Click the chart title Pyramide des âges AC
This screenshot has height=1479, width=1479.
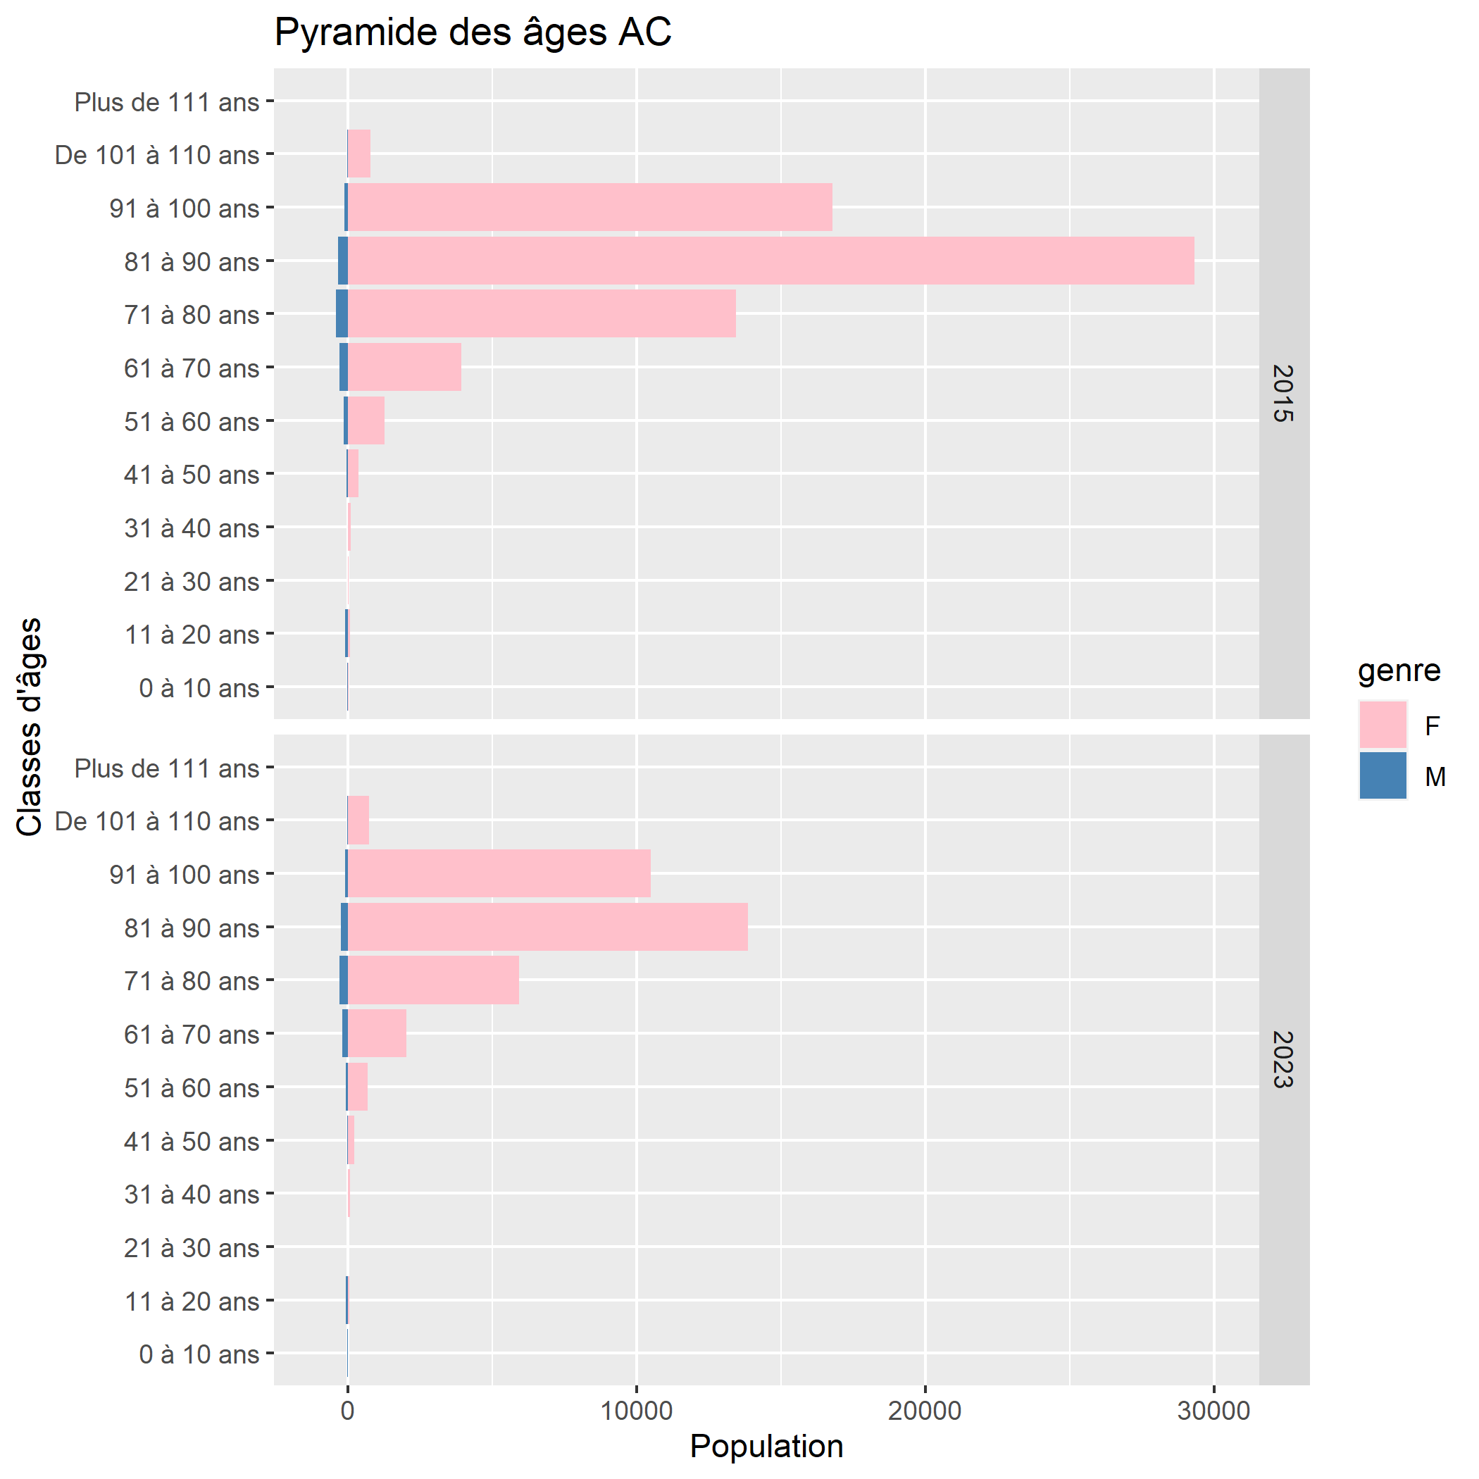coord(473,33)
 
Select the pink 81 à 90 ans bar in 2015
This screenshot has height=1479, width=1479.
coord(771,261)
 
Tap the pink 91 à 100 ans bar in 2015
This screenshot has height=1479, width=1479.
coord(590,208)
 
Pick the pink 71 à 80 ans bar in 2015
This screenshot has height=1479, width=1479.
coord(542,314)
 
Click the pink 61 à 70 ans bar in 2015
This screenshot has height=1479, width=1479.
coord(405,368)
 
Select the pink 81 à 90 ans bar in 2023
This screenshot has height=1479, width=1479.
coord(548,927)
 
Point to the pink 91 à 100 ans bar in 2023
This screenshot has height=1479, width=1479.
coord(499,873)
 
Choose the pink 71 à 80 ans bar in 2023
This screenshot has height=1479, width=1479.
coord(433,980)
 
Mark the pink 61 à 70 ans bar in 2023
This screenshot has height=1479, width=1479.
coord(377,1033)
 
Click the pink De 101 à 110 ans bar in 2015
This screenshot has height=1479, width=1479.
coord(359,154)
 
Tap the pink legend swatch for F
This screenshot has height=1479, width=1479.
coord(1383,724)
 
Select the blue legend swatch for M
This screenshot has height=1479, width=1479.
coord(1383,775)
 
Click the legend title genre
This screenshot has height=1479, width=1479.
coord(1399,670)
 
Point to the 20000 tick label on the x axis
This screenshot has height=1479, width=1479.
coord(925,1411)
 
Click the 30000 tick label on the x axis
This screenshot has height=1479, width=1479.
coord(1213,1411)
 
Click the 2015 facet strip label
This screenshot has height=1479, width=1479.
coord(1283,394)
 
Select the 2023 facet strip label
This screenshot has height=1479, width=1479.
coord(1283,1059)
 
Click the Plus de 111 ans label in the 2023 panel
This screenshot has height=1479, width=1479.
coord(167,768)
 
